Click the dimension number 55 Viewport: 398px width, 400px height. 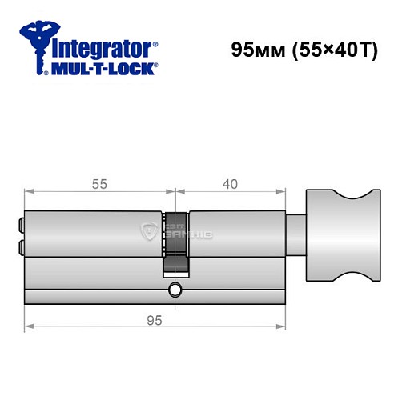click(x=99, y=184)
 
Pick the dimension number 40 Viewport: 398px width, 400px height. click(x=231, y=184)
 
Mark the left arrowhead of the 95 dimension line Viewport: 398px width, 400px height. click(x=29, y=326)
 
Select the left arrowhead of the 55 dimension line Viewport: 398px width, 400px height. click(x=29, y=191)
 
